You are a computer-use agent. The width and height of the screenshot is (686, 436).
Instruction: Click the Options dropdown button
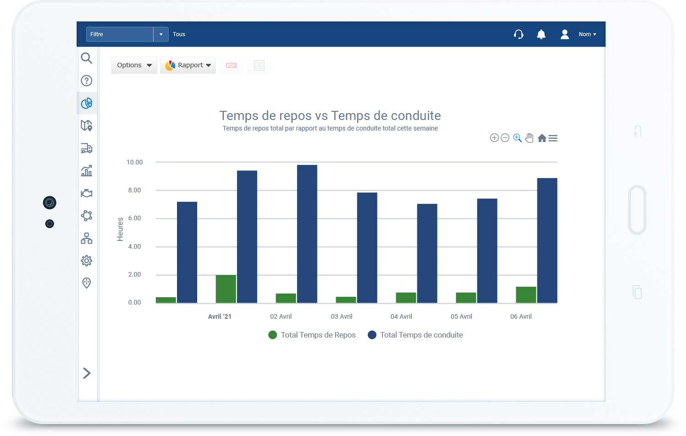tap(134, 65)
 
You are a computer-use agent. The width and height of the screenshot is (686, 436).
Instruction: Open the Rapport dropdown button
tap(188, 65)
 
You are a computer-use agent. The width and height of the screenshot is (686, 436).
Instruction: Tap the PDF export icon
tap(231, 65)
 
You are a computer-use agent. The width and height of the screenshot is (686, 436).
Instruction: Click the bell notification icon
tap(541, 34)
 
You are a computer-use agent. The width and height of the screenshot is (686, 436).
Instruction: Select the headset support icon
tap(519, 34)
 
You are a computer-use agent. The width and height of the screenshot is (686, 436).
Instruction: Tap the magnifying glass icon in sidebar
tap(86, 58)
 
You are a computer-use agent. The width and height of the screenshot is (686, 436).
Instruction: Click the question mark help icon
tap(86, 81)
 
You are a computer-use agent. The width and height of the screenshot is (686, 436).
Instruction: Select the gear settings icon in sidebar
tap(86, 261)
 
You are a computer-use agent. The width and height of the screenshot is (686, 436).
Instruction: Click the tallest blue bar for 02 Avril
tap(307, 234)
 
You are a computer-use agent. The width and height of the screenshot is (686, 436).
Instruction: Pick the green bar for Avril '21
tap(226, 289)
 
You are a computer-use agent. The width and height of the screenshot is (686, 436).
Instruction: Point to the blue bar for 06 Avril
tap(547, 240)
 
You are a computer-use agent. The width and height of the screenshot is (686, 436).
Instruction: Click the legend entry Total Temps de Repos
tap(312, 335)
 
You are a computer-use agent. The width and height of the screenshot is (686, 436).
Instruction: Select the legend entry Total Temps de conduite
tap(415, 335)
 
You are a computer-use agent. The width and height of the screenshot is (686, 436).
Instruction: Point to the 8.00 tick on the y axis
tap(134, 190)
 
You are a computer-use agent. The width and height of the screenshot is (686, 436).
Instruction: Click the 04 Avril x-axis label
tap(401, 316)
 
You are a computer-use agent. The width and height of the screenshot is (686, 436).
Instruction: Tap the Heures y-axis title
tap(120, 229)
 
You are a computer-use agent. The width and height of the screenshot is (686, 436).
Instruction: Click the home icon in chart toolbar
tap(542, 138)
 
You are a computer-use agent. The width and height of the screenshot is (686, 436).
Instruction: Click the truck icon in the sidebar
tap(86, 148)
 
